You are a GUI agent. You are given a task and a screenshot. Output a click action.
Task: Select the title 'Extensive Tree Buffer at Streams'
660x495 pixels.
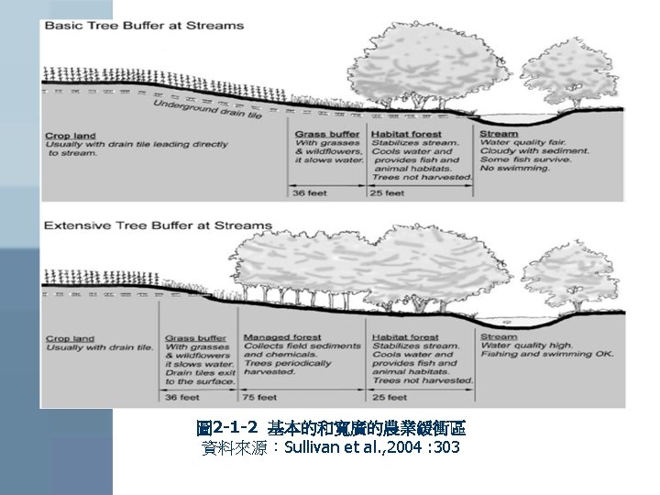tap(158, 225)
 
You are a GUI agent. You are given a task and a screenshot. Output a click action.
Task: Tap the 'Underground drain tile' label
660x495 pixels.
tap(208, 111)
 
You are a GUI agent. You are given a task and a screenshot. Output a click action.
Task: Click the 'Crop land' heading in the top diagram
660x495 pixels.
tap(71, 137)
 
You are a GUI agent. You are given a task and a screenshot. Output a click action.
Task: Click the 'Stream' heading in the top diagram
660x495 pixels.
tap(499, 135)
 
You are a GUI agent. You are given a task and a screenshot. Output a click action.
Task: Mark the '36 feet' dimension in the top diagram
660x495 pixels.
tap(311, 192)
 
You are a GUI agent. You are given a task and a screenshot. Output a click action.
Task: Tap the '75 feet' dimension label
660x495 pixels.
tap(260, 397)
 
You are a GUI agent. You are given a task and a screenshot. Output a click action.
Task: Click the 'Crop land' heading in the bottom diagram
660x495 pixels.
tap(71, 338)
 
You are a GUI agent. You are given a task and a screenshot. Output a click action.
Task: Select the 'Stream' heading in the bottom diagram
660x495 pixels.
tap(499, 337)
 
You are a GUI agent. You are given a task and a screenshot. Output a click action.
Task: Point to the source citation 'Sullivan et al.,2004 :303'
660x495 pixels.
tap(371, 447)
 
